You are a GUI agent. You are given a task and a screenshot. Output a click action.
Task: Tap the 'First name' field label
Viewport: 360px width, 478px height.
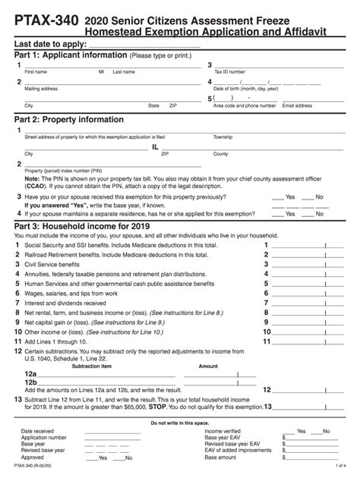36,73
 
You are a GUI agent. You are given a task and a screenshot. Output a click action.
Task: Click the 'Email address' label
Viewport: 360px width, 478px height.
297,106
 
